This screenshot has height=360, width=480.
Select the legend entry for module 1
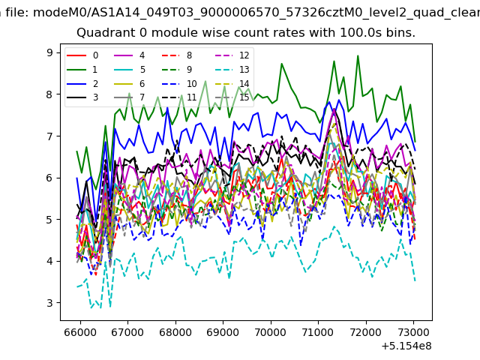82,70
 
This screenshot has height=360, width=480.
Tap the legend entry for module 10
179,84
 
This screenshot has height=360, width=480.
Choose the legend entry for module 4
130,55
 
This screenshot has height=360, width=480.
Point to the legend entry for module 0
82,55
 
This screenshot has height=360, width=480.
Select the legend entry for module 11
179,97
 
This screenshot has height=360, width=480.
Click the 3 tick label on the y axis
49,303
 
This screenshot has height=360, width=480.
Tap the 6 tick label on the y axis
49,178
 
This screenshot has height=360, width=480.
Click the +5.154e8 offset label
406,346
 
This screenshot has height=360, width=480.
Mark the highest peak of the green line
358,55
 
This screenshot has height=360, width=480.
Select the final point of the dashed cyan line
415,280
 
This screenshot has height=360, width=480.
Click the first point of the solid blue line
76,178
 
